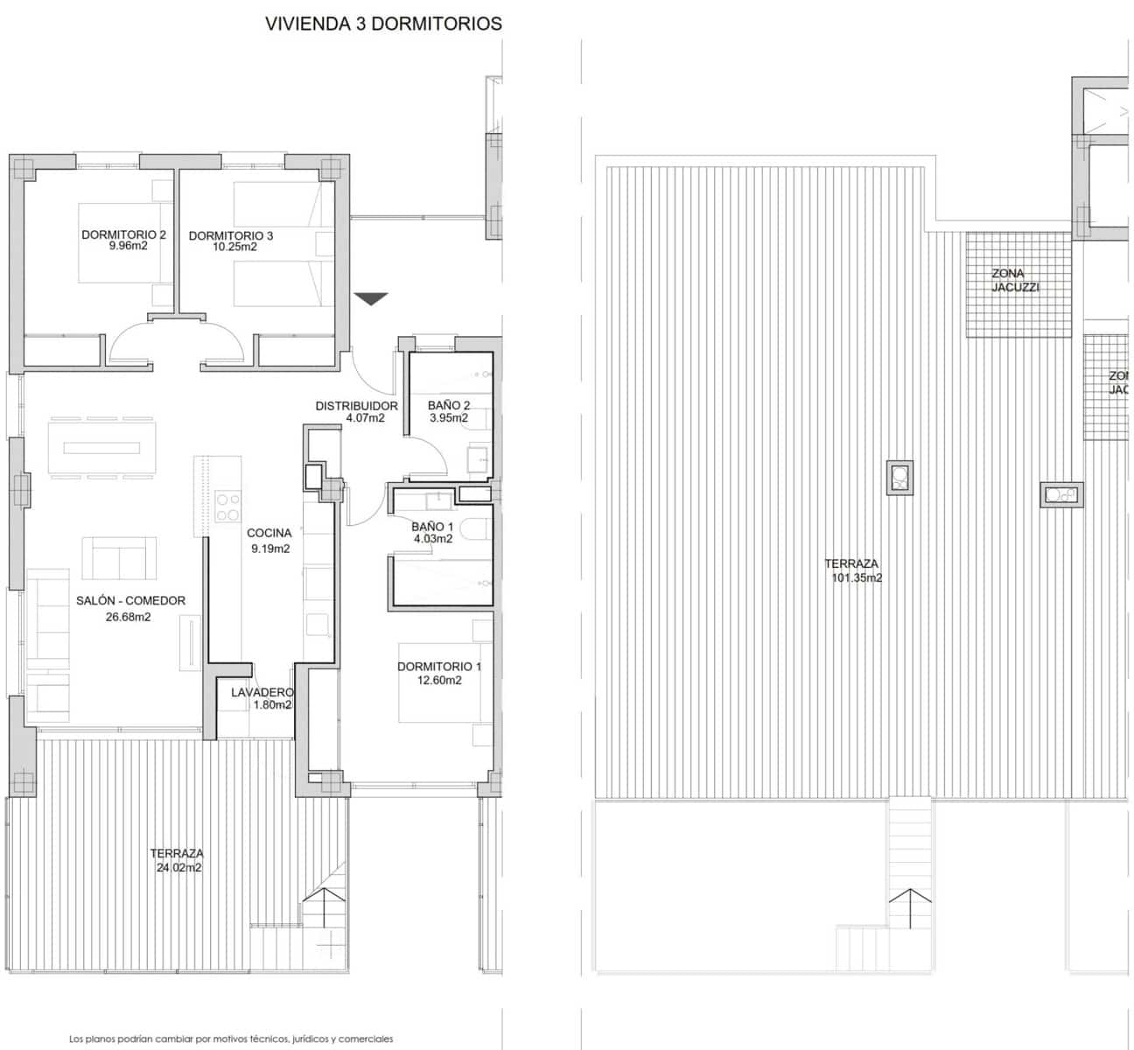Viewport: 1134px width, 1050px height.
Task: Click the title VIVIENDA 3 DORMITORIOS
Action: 383,24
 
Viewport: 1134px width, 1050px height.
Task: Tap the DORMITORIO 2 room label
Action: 123,235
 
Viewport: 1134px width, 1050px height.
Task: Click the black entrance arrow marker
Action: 372,299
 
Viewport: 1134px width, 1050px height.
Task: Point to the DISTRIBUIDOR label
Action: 356,406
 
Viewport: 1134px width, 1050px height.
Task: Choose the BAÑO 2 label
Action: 449,406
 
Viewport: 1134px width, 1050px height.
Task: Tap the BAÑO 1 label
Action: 432,527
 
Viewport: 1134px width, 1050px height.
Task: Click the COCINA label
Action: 269,533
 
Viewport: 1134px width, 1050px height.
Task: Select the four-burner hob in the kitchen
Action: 229,507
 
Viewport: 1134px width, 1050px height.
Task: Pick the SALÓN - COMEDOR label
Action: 130,601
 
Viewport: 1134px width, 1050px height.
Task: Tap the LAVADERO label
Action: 262,692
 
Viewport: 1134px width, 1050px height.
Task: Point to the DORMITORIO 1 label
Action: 439,667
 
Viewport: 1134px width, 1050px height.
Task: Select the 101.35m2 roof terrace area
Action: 856,578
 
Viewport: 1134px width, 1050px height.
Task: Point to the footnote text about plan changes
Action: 231,1039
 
